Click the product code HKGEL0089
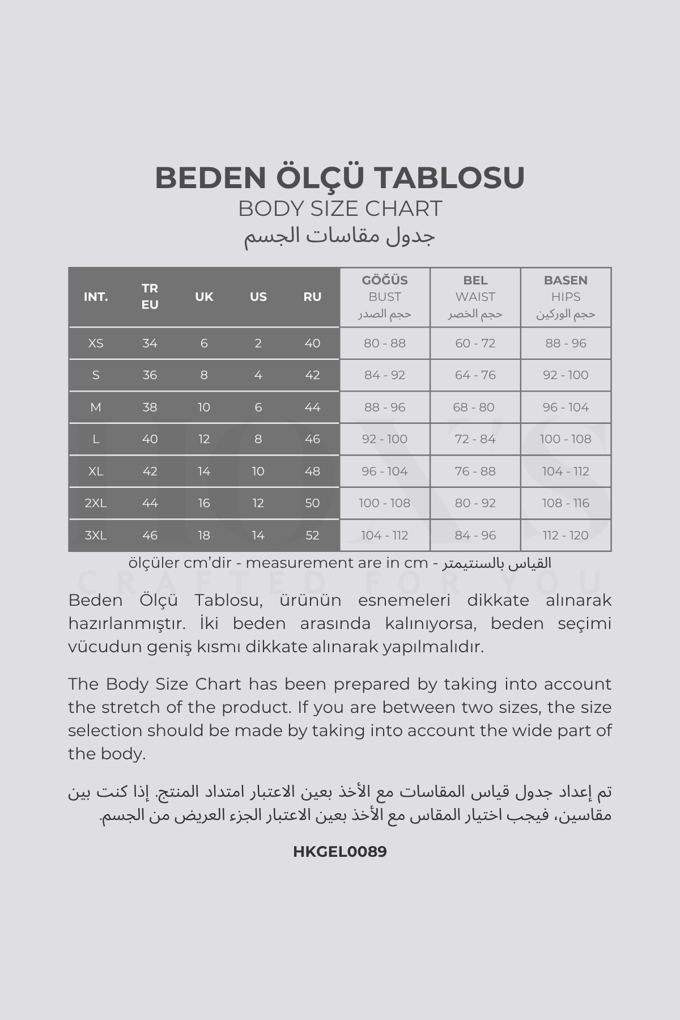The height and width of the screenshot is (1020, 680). click(339, 852)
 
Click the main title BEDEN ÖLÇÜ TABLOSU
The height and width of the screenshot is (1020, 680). click(339, 177)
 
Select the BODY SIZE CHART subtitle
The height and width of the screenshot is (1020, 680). click(339, 209)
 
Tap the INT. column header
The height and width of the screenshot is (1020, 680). click(96, 296)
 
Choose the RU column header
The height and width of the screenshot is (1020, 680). click(312, 296)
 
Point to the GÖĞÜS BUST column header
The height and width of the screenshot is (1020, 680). click(385, 296)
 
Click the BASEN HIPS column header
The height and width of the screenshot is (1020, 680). click(566, 296)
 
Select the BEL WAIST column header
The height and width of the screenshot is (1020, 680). click(475, 296)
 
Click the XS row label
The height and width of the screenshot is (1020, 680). click(96, 343)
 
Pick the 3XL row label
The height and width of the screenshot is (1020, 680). click(96, 535)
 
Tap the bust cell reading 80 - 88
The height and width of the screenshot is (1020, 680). click(385, 343)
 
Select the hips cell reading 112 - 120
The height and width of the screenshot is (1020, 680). click(566, 535)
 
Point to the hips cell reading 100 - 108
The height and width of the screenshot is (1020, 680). click(566, 439)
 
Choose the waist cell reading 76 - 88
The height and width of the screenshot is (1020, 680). click(475, 471)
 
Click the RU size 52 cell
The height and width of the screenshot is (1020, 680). click(312, 535)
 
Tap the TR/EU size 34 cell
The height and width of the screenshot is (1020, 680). click(150, 343)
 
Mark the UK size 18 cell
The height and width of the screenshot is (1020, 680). click(204, 535)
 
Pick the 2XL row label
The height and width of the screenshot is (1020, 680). click(96, 503)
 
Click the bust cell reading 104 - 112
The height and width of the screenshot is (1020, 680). click(385, 535)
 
